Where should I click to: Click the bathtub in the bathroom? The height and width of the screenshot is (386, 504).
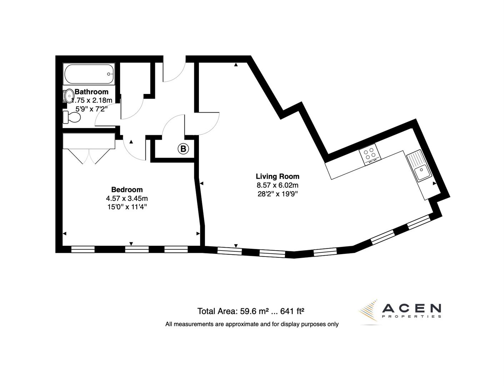89,74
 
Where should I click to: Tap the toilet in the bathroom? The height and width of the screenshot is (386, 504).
71,117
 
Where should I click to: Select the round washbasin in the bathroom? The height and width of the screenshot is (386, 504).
68,96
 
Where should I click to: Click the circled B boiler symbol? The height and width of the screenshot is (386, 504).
183,149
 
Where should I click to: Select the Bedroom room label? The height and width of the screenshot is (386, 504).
127,190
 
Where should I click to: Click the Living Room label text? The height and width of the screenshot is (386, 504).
278,176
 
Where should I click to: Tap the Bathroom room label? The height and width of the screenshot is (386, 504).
91,92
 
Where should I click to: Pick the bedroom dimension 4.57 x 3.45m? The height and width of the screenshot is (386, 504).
127,198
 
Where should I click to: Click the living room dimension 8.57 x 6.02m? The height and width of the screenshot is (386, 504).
278,185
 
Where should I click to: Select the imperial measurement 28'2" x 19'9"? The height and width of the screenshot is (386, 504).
278,194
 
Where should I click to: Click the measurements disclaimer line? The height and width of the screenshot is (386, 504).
252,324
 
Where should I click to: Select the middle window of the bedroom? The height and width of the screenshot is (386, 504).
137,249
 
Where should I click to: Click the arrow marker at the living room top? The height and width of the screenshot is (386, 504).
236,65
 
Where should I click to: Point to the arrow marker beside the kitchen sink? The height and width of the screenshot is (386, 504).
434,183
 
